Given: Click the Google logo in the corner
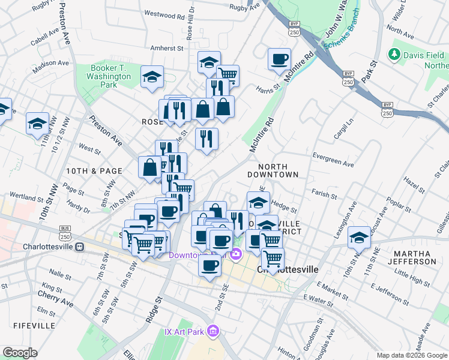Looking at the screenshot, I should (x=20, y=353).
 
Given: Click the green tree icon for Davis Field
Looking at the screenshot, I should (x=394, y=55).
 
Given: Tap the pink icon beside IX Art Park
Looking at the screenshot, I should (x=212, y=331).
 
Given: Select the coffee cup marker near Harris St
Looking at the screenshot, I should (x=279, y=59).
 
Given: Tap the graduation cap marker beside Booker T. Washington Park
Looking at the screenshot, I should (x=152, y=76).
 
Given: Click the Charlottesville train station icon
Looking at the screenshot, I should (x=79, y=247).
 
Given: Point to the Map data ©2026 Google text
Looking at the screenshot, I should (x=411, y=355).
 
